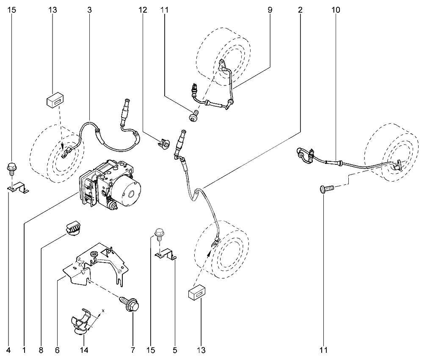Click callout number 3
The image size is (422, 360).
tap(89, 10)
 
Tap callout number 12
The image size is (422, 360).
tap(143, 10)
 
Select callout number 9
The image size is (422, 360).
tap(270, 10)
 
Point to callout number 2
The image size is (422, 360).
tap(300, 10)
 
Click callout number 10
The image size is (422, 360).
tap(336, 10)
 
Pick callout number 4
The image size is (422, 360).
tap(8, 350)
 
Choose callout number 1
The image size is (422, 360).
tap(24, 350)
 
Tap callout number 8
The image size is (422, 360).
tap(41, 350)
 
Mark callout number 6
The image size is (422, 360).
tap(57, 350)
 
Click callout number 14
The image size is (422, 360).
tap(84, 350)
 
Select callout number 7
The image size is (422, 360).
tap(132, 350)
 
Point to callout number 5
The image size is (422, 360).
tap(175, 350)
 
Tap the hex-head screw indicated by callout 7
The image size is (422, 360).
tap(130, 304)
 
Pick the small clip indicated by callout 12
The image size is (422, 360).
tap(164, 144)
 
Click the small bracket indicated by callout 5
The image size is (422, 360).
tap(166, 254)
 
